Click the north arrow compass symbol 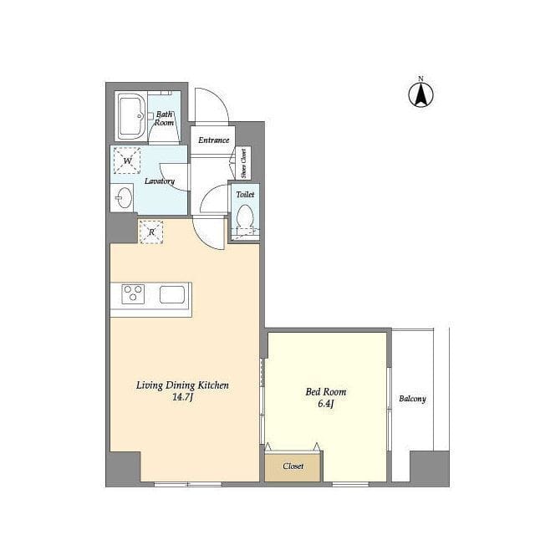[421, 93]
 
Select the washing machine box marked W [127, 160]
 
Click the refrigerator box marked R [151, 232]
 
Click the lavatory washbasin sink [123, 197]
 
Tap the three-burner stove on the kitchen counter [133, 293]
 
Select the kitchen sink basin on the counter [172, 294]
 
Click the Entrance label [214, 140]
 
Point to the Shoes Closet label [243, 164]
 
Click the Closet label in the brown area [293, 466]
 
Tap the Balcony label [412, 399]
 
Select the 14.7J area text [183, 397]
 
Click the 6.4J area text [325, 404]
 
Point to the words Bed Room [325, 392]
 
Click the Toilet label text [245, 194]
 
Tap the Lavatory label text [160, 181]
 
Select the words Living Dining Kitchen [182, 385]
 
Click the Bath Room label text [164, 119]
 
